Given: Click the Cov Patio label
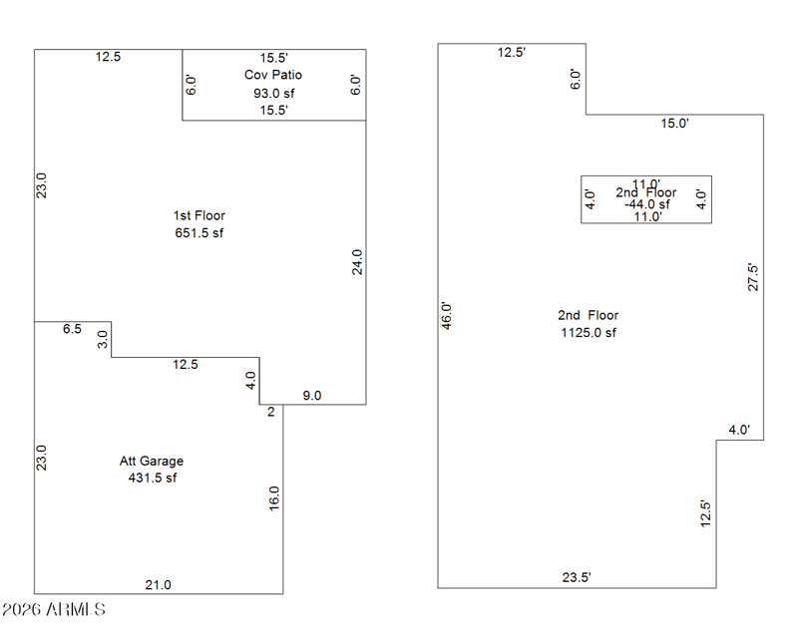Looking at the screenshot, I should [x=273, y=75].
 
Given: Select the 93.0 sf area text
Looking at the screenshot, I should [x=273, y=94].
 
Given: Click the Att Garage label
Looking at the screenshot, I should [x=152, y=461].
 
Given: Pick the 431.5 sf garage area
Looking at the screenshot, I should [x=152, y=478].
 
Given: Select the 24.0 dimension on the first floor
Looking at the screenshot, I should [x=357, y=261].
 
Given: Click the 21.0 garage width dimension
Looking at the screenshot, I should [x=159, y=585].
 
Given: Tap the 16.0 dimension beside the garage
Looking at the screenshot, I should [x=274, y=498].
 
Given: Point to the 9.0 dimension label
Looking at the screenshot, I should [x=312, y=396].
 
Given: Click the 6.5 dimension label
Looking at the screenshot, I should [x=72, y=329].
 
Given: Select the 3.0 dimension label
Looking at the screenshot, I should [x=102, y=339].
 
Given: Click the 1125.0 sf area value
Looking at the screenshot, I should [x=589, y=333].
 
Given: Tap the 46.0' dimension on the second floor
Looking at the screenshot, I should [x=447, y=316].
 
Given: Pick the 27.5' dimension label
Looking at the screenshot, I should [x=754, y=276].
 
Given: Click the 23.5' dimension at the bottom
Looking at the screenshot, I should [x=577, y=577].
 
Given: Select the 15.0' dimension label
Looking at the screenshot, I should [x=675, y=124].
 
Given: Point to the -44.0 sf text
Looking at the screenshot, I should [x=647, y=204].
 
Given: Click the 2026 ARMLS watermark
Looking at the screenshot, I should [x=54, y=609].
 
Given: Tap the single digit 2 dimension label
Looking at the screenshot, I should [x=270, y=411].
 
